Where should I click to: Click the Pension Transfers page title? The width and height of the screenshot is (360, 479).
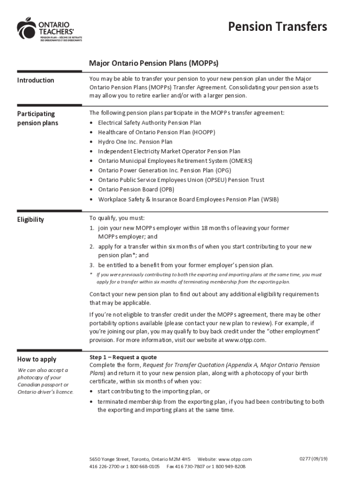(277, 27)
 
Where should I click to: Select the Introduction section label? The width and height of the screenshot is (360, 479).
(36, 80)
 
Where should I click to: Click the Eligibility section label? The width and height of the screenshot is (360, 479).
(30, 219)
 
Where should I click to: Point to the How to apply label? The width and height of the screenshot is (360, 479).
(37, 359)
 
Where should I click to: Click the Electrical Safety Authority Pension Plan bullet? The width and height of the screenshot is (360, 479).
(150, 123)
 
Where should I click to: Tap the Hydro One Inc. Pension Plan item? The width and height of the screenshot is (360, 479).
(135, 142)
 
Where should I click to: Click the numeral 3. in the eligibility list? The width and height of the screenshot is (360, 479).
(92, 265)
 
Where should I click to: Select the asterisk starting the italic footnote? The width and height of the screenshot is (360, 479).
(91, 275)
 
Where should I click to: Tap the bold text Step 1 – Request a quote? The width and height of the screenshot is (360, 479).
(123, 357)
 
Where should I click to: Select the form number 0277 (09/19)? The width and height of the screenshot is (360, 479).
(313, 459)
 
